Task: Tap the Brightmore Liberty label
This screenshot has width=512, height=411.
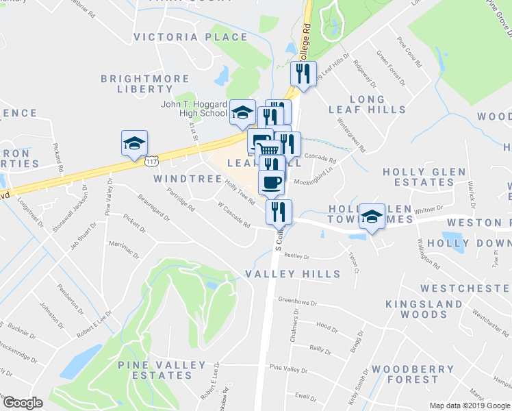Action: pos(136,84)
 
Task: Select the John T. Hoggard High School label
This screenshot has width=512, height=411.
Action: pos(194,109)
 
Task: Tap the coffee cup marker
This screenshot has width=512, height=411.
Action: pos(271,182)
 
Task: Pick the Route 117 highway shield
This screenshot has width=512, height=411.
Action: pos(152,160)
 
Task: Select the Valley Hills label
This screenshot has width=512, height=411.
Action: pos(292,274)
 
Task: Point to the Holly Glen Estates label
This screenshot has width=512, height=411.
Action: pos(424,177)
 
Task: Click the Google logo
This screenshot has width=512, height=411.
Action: pos(23,403)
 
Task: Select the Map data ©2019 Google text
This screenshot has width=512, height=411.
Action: pos(469,406)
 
